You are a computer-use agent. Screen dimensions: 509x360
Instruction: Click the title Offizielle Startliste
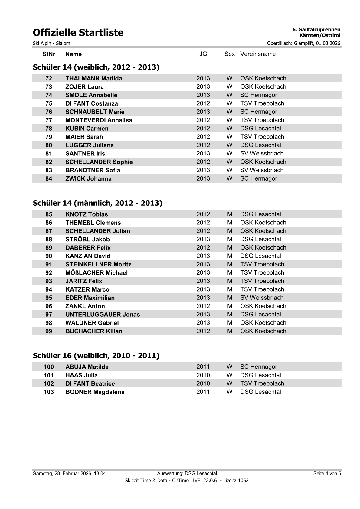78,33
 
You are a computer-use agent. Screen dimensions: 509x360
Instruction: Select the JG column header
203,54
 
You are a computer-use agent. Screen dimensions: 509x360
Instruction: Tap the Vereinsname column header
258,54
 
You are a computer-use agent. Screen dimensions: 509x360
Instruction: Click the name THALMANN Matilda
94,79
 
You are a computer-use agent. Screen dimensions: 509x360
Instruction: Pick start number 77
49,120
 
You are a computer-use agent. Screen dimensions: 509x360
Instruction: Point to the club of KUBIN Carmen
260,129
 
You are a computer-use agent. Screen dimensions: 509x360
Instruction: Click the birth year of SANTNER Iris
203,154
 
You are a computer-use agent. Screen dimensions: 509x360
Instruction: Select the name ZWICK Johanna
88,179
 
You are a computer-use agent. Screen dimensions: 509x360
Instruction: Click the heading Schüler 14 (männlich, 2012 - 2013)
97,203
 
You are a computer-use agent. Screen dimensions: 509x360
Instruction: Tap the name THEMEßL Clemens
93,223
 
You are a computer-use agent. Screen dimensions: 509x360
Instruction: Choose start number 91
49,265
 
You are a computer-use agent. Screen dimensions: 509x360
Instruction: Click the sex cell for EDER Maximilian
230,298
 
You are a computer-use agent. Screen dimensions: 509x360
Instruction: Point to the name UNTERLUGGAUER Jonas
103,315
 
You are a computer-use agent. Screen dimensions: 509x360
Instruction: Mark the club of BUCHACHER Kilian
263,331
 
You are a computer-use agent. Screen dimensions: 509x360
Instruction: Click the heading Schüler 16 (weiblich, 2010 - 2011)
96,356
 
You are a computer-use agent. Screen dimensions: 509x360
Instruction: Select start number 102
49,384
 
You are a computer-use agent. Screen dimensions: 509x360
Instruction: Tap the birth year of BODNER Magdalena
203,392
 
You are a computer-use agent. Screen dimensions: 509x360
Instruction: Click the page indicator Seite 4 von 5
327,474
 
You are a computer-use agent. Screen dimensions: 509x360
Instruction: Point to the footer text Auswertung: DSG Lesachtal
187,474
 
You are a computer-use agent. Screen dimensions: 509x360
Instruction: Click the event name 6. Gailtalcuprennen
316,30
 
